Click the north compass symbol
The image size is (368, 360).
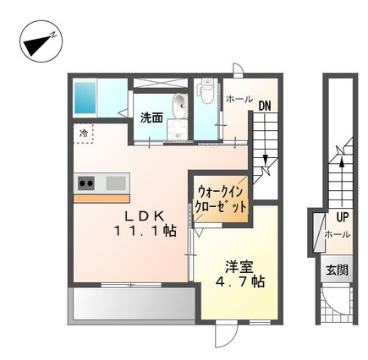point(41,41)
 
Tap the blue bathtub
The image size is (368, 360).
point(85,97)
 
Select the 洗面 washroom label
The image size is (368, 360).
point(151,118)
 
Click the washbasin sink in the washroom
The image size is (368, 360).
point(180,106)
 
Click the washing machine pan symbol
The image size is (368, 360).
point(177,129)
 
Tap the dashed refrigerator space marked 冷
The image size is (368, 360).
point(83,134)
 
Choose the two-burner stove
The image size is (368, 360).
point(86,183)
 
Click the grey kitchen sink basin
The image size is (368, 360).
point(116,183)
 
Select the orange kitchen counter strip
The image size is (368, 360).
point(102,199)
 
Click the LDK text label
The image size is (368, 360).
point(145,216)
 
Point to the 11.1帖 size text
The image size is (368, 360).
point(145,232)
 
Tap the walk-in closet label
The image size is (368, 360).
point(221,199)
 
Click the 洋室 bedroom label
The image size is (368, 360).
point(239,267)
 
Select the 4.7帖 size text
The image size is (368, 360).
point(239,281)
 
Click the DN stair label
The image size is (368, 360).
point(265,106)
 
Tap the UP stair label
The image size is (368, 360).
point(343,217)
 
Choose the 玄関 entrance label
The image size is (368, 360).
point(338,270)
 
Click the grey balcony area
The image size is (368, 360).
point(134,303)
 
